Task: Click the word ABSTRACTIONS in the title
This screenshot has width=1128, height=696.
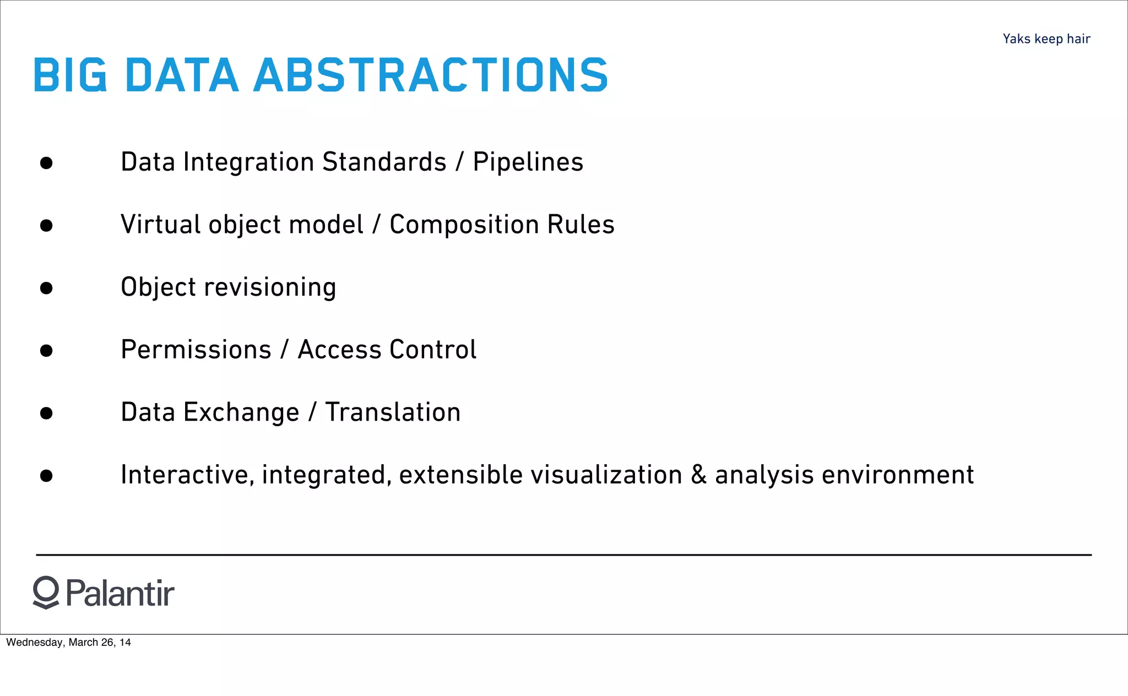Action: (430, 75)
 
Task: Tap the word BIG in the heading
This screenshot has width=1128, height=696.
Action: (70, 75)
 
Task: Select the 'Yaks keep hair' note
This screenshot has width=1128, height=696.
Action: (1046, 39)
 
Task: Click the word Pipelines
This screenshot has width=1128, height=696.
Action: (528, 162)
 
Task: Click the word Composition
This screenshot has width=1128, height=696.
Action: (464, 225)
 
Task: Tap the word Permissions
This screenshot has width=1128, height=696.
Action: (196, 350)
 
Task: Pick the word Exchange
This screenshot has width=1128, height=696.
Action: (241, 412)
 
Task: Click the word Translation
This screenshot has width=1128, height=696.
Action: (393, 412)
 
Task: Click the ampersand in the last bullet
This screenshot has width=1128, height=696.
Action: (698, 475)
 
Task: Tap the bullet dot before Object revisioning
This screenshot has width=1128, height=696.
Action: (46, 288)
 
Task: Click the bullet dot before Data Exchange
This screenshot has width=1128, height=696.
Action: (46, 413)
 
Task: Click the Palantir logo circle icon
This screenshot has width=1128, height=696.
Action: (46, 592)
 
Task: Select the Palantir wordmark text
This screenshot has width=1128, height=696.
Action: (120, 594)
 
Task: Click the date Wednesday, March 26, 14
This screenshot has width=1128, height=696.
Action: (68, 643)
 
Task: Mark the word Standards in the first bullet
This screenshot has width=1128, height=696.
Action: (384, 162)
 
